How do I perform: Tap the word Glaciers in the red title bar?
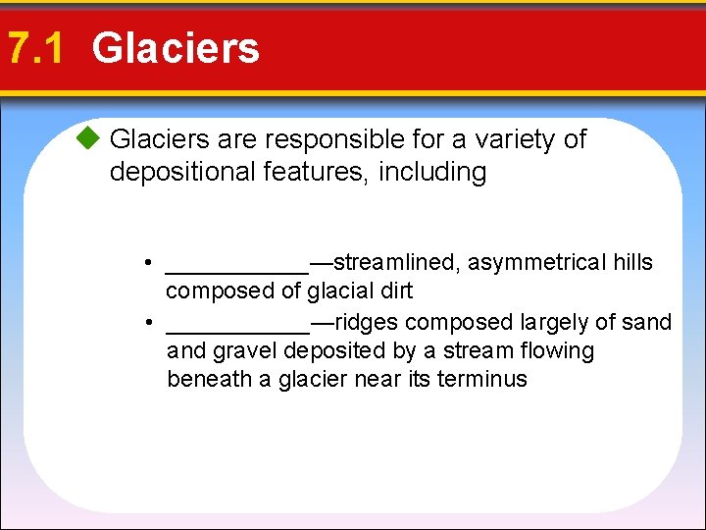click(x=176, y=48)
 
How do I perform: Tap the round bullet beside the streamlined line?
click(x=145, y=263)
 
